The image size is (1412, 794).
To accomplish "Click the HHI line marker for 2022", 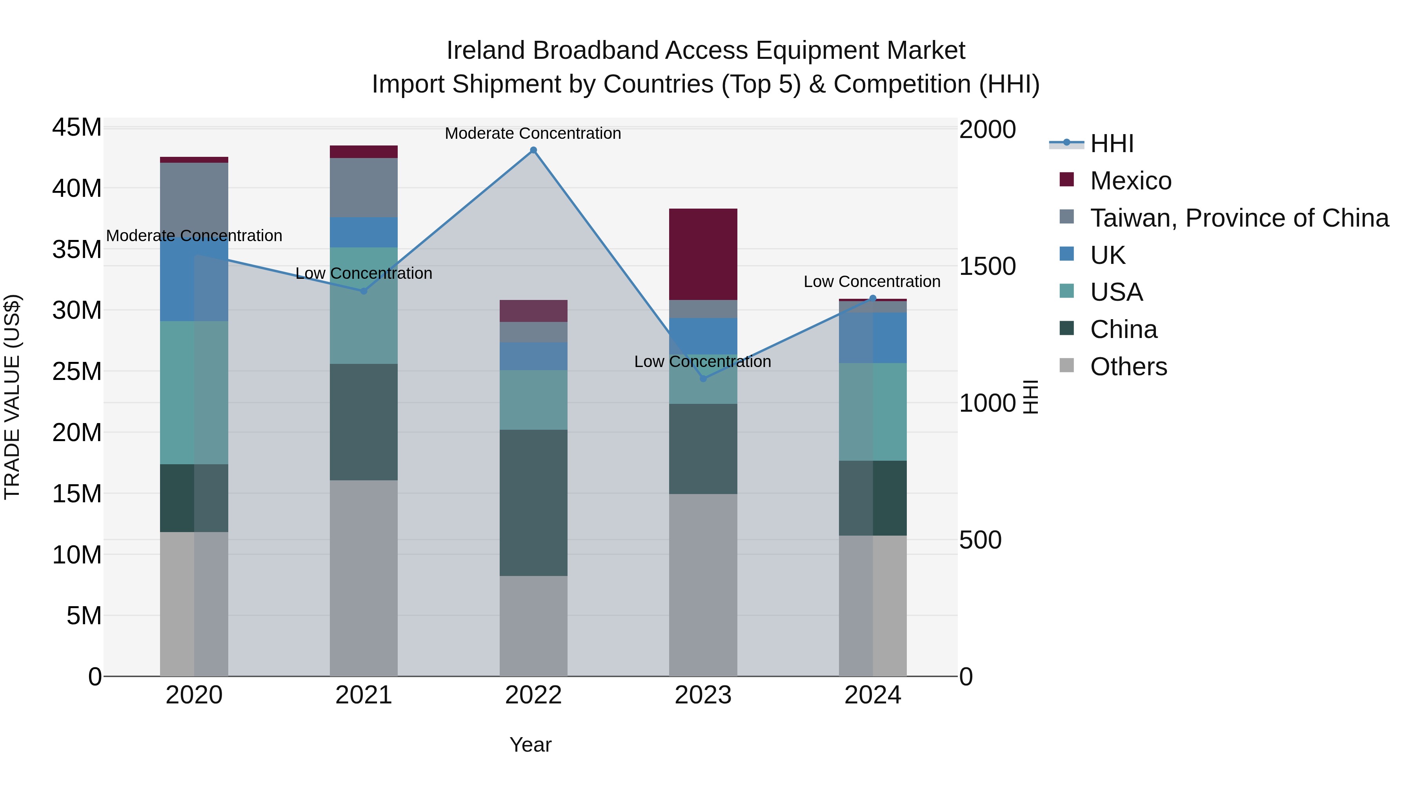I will pyautogui.click(x=533, y=150).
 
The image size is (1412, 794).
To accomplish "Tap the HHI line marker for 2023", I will pyautogui.click(x=703, y=378).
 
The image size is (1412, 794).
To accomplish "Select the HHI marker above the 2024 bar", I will pyautogui.click(x=873, y=298).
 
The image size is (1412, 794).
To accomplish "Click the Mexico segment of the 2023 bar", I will pyautogui.click(x=703, y=254).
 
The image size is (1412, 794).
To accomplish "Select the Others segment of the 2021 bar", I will pyautogui.click(x=364, y=578).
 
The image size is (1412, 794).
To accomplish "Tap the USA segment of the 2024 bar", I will pyautogui.click(x=873, y=412).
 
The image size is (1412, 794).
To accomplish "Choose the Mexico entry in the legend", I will pyautogui.click(x=1130, y=181).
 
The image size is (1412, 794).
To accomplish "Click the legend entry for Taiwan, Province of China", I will pyautogui.click(x=1239, y=218).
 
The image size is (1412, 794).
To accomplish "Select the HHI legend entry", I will pyautogui.click(x=1111, y=144).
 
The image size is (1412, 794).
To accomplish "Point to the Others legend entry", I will pyautogui.click(x=1128, y=367).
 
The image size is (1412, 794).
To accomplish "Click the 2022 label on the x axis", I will pyautogui.click(x=533, y=695).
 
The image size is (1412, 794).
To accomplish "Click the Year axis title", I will pyautogui.click(x=530, y=745).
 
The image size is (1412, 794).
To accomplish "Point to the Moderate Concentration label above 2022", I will pyautogui.click(x=533, y=133).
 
